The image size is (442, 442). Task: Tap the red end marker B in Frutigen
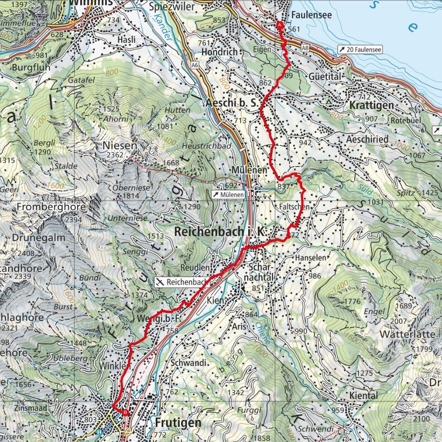pyautogui.click(x=124, y=413)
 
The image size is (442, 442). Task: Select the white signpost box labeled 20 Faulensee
pyautogui.click(x=360, y=49)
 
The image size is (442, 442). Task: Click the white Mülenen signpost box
pyautogui.click(x=229, y=195)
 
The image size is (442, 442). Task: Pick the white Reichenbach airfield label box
pyautogui.click(x=182, y=282)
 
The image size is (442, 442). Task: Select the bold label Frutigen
pyautogui.click(x=177, y=422)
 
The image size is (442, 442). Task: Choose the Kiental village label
pyautogui.click(x=363, y=395)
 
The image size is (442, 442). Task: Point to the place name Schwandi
pyautogui.click(x=189, y=363)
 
